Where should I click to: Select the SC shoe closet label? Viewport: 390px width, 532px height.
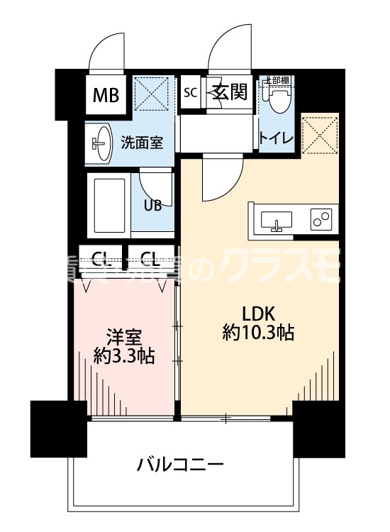coord(190,92)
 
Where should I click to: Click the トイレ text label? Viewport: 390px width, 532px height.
coord(277,138)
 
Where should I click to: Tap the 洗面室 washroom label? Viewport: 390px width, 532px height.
coord(141,142)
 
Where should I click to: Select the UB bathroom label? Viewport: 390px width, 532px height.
coord(153,206)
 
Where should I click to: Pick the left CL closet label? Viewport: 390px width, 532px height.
coord(101,257)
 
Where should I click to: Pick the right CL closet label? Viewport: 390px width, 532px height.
coord(149,257)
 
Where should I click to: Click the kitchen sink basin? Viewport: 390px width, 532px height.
coord(276,221)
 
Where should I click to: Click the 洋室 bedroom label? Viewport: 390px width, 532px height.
coord(123,335)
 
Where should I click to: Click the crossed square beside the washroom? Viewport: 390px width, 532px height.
coord(151,94)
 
